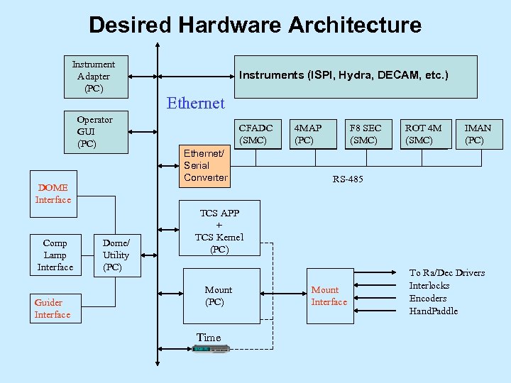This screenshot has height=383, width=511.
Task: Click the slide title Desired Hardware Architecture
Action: coord(255,26)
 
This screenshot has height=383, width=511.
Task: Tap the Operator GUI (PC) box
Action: coord(94,132)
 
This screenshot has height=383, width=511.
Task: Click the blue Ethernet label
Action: coord(195,104)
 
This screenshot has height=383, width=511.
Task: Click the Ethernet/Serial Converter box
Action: coord(205,165)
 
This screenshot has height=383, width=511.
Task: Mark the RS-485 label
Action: coord(348,179)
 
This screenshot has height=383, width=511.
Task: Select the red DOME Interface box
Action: coord(53,193)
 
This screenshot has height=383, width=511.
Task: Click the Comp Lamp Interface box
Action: coord(55,255)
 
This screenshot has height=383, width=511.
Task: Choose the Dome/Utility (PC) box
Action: coord(116,255)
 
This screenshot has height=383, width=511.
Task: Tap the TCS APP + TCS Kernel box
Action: coord(219,231)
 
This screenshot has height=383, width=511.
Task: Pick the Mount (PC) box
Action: coord(218,296)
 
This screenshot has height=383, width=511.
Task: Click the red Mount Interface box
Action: coord(329,296)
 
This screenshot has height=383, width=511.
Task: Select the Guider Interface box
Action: coord(53,309)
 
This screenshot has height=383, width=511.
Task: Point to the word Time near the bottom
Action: coord(209,338)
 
